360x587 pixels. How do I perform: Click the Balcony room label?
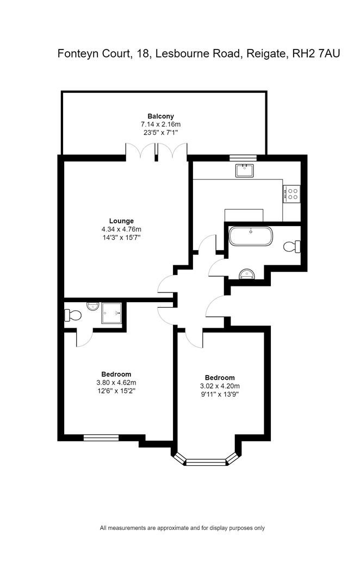point(160,116)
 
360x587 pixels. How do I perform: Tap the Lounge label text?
point(121,221)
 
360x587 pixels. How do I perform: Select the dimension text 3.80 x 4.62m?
point(116,383)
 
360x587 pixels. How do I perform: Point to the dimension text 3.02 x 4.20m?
point(220,386)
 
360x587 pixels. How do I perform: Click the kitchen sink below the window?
point(244,171)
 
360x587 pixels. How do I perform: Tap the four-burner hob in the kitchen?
point(292,193)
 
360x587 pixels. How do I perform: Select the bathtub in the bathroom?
point(251,236)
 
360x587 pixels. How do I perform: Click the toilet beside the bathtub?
point(292,247)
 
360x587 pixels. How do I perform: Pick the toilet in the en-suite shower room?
point(73,315)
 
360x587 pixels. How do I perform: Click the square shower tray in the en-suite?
point(111,313)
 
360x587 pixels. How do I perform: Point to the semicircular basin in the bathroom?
point(247,274)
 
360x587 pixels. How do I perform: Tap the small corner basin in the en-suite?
point(93,306)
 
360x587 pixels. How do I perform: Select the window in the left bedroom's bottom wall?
point(101,438)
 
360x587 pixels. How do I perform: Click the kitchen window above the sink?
point(243,158)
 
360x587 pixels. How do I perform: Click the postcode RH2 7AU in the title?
point(316,53)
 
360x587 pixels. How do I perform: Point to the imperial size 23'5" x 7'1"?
point(160,132)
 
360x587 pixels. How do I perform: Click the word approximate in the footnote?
point(173,528)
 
